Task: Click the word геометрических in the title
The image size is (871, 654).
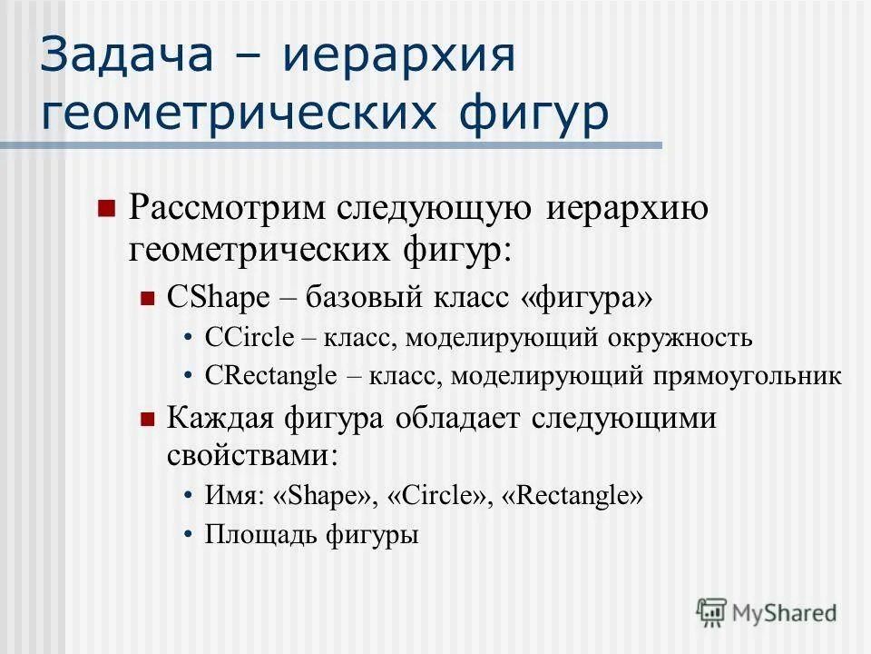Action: [245, 115]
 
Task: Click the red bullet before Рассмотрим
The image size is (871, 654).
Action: [106, 208]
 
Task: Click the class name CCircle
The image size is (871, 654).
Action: [250, 338]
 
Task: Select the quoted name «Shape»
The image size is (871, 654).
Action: [323, 496]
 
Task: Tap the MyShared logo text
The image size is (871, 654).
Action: [783, 612]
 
